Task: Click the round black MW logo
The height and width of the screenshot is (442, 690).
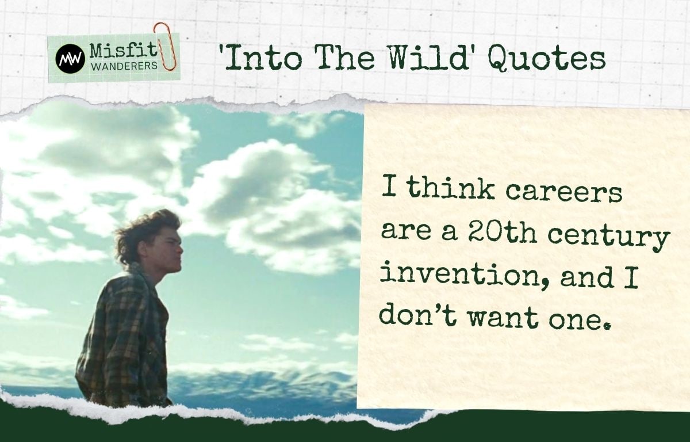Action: tap(71, 59)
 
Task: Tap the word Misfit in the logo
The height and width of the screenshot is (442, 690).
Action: tap(124, 51)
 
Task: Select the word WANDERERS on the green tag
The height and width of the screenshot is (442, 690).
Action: tap(124, 66)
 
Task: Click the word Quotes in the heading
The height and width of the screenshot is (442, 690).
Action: tap(547, 59)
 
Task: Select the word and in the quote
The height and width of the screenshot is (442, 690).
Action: tap(586, 276)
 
